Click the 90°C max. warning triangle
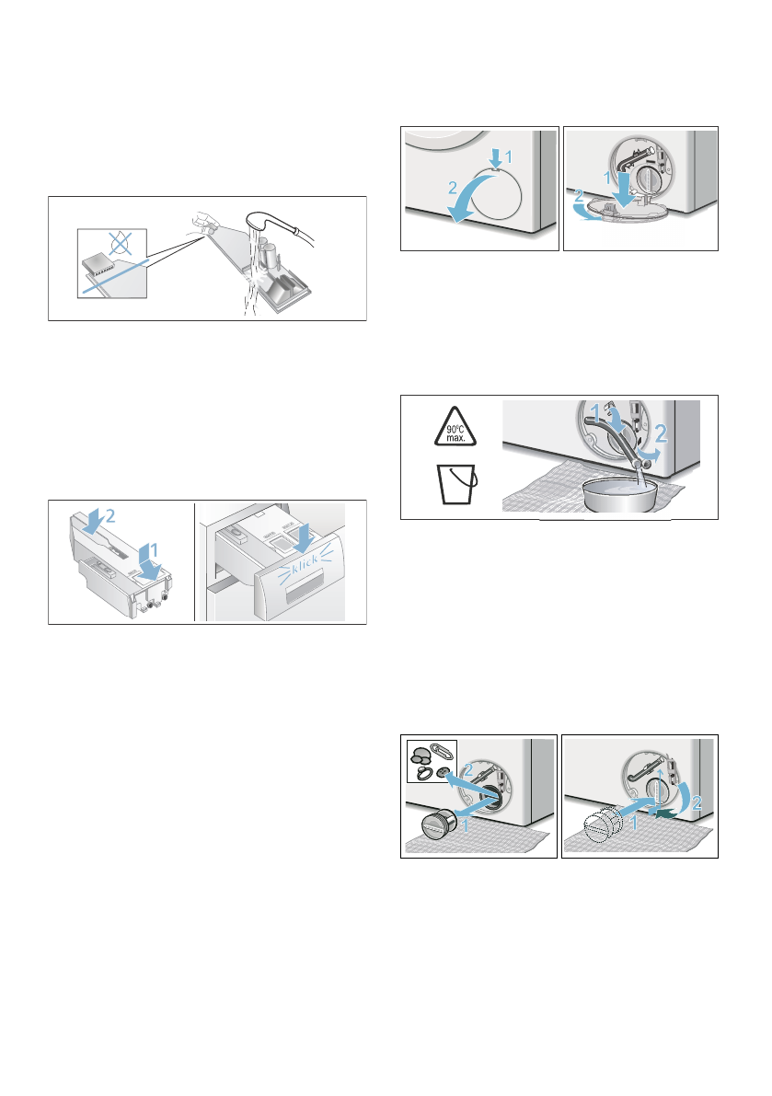click(x=455, y=427)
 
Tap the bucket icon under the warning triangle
click(x=457, y=483)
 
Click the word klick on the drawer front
click(x=305, y=562)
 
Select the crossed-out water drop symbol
click(x=121, y=243)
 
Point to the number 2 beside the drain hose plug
click(x=661, y=434)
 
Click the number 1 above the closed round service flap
click(x=509, y=156)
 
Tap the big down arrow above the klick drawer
click(x=304, y=537)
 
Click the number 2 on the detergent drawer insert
click(x=110, y=517)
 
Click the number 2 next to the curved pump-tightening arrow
click(x=696, y=803)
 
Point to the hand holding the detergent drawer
click(x=202, y=223)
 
